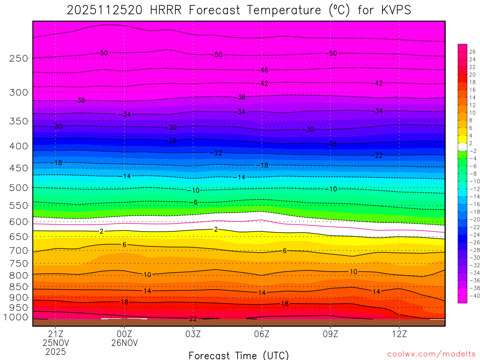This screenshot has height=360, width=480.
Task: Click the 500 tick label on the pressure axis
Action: click(18, 187)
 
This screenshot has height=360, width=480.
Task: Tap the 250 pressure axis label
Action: click(18, 58)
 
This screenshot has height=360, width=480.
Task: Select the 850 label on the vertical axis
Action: click(18, 286)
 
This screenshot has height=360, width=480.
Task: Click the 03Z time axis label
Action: click(193, 334)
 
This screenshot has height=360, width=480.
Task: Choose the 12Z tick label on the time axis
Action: click(399, 334)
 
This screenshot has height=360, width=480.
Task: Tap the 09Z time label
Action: click(330, 334)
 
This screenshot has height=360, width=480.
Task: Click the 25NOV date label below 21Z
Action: click(56, 343)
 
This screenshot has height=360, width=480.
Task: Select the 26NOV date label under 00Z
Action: click(124, 343)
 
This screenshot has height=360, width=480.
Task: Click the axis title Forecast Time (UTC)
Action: click(239, 355)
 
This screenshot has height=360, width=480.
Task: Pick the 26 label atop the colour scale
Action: click(472, 52)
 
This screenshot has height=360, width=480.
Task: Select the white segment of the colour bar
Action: click(462, 147)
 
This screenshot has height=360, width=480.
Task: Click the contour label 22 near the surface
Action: click(193, 319)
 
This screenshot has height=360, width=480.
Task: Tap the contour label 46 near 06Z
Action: click(264, 70)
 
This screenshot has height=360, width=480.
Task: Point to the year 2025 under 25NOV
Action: click(56, 352)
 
